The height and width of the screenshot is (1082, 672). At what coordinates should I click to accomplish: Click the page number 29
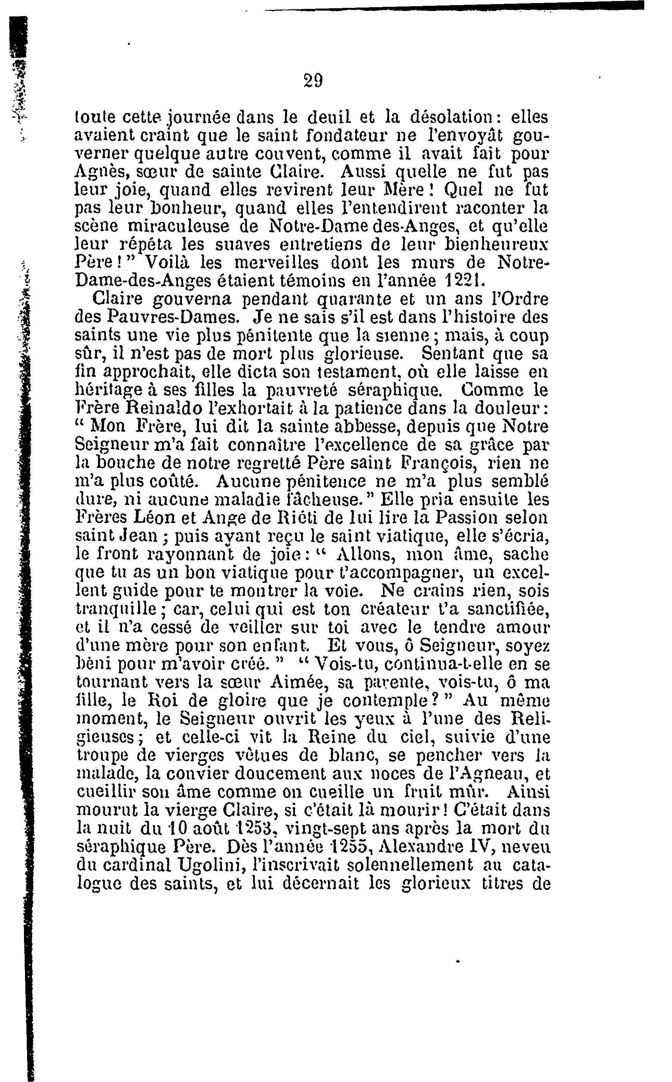tap(313, 81)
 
